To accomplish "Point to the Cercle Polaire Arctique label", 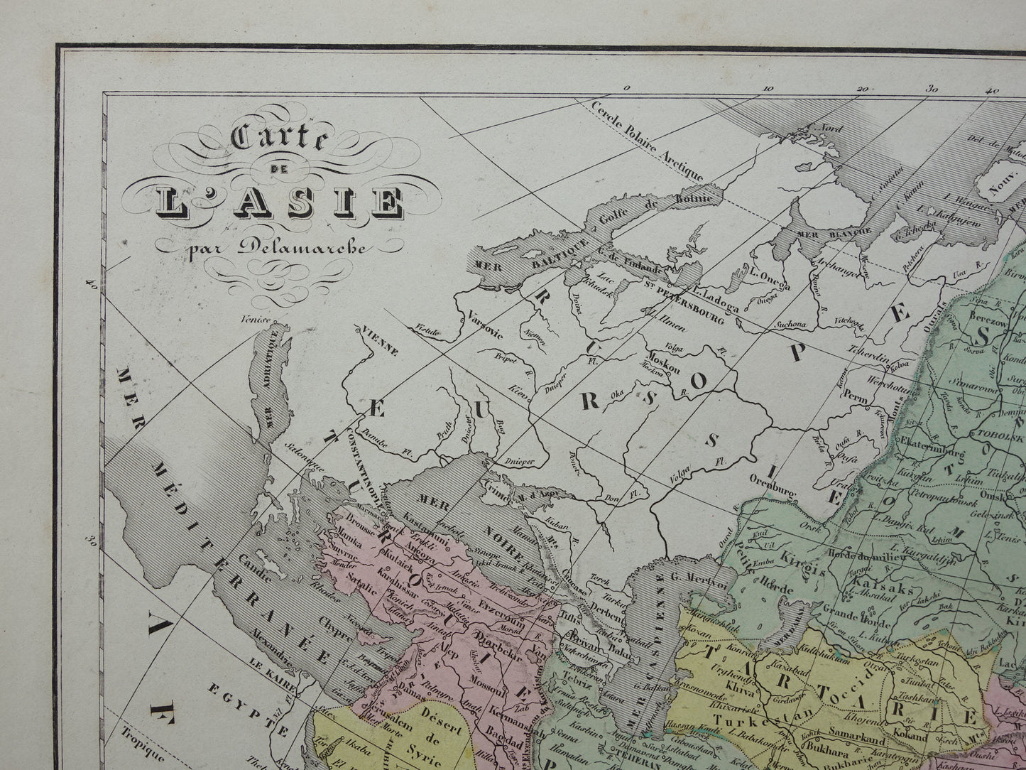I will [647, 139].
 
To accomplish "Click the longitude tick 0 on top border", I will [626, 88].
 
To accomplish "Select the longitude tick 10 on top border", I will [767, 89].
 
